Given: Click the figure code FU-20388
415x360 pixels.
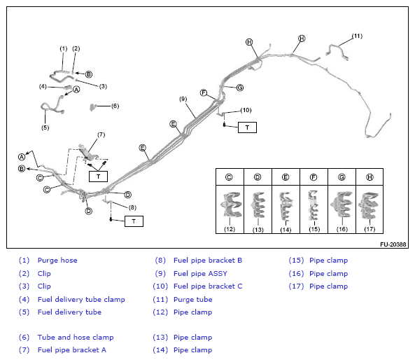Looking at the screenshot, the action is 393,244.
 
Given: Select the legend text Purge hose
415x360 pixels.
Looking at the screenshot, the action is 57,260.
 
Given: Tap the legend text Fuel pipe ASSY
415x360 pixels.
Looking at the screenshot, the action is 200,273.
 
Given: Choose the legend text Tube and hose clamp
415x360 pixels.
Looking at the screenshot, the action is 76,337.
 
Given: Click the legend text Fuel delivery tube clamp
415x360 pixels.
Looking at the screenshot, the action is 81,299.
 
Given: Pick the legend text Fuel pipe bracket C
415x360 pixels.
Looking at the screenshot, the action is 208,286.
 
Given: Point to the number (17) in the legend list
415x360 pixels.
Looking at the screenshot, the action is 296,286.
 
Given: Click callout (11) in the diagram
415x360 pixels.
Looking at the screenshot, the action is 357,36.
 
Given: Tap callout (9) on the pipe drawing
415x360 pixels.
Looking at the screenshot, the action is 183,99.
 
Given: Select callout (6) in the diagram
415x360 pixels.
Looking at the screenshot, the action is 115,106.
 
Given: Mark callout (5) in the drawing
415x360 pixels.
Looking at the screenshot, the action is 45,127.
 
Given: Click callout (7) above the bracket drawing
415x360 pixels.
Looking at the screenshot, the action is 101,135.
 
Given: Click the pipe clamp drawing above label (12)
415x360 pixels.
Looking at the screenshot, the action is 230,205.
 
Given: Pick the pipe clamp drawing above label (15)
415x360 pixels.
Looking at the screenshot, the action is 314,205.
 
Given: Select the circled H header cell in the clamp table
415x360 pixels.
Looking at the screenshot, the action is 370,177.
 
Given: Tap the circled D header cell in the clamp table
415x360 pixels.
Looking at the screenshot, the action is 258,177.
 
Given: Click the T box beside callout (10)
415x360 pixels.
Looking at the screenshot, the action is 247,127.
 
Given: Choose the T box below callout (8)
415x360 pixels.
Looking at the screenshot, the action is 134,221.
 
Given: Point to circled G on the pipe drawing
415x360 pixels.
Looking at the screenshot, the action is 240,88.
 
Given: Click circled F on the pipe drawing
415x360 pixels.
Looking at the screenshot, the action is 204,92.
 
